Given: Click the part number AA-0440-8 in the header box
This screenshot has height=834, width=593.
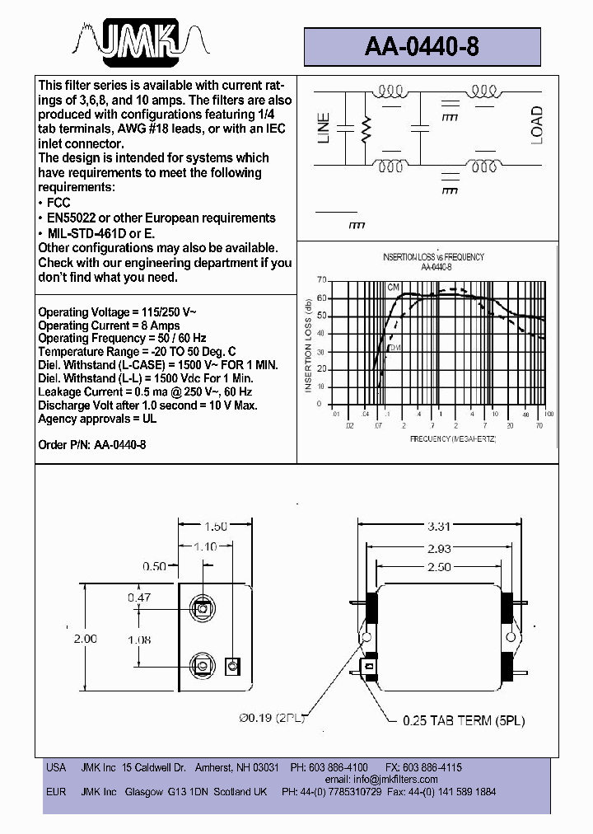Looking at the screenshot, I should point(421,47).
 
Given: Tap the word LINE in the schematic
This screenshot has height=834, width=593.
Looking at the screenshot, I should point(324,128).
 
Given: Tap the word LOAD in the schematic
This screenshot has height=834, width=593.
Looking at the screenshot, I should point(536,125).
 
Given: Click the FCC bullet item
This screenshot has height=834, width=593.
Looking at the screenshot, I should point(58,203).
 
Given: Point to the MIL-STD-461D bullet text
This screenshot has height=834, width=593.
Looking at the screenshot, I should point(100,233).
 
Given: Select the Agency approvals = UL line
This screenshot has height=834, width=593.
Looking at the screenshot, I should point(97,419).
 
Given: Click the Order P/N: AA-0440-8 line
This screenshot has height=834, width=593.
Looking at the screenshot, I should point(92,445).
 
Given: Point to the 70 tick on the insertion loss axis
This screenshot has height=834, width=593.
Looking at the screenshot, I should point(320,280).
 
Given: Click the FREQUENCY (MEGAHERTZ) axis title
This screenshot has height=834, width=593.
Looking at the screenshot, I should point(452,439).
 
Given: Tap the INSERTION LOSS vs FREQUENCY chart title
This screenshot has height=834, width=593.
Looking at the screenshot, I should point(433,257).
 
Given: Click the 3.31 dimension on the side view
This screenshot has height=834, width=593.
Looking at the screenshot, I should point(440,526).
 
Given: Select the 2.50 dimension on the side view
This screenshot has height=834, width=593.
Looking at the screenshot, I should point(440,567).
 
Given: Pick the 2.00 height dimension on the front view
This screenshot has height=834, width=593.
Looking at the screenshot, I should point(85,638).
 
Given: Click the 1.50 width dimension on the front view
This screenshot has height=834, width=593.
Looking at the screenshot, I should point(215,526).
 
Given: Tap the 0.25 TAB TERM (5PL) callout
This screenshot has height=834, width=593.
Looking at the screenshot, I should point(464,720).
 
